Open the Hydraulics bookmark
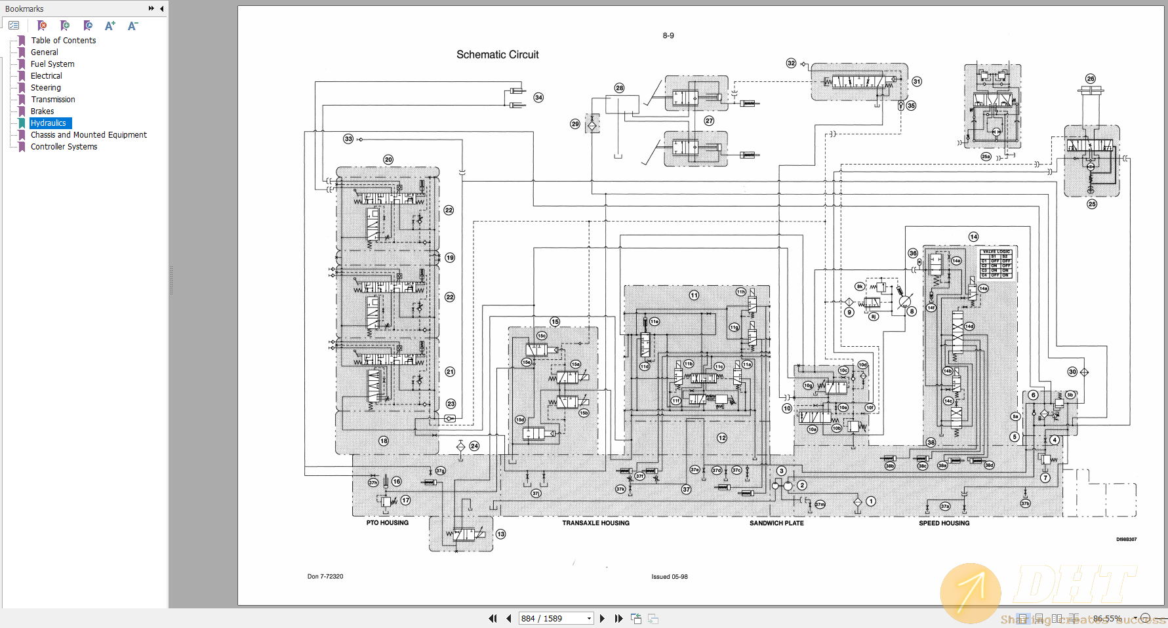tap(49, 123)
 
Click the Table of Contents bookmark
tap(63, 40)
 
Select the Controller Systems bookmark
tap(64, 146)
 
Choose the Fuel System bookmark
tap(52, 64)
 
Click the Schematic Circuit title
tap(497, 54)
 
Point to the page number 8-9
tap(668, 35)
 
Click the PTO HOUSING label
tap(387, 522)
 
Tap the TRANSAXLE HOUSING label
tap(595, 522)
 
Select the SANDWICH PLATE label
tap(776, 522)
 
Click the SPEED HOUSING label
tap(944, 522)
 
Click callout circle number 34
tap(538, 97)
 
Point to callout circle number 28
tap(619, 88)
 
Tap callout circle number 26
tap(1090, 79)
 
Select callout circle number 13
tap(500, 534)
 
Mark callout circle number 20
tap(388, 159)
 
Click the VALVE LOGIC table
tap(996, 264)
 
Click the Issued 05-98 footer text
tap(669, 577)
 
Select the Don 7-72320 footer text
tap(325, 576)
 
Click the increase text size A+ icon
tap(110, 26)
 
